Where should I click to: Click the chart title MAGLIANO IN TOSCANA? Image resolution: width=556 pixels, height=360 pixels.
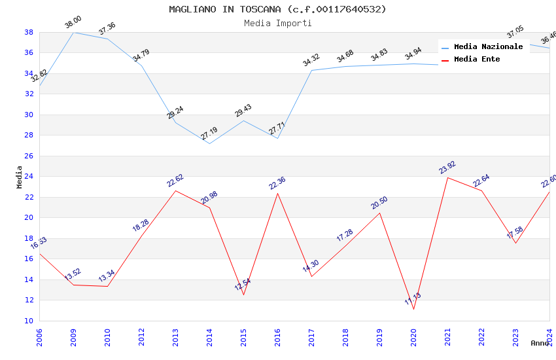point(277,9)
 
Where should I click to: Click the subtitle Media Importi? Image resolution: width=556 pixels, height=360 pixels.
point(277,23)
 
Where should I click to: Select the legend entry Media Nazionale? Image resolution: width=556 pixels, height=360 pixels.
point(488,46)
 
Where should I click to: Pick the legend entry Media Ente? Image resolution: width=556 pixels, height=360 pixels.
point(476,59)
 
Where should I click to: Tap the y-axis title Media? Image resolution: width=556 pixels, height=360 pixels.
point(20,177)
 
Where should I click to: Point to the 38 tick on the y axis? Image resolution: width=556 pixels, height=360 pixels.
point(29,32)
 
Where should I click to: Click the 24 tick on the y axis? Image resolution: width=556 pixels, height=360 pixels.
point(29,177)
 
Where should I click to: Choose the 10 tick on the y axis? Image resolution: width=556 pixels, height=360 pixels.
point(29,321)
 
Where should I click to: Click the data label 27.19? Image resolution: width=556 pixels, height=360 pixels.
point(209,134)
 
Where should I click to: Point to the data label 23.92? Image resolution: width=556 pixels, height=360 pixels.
point(447,168)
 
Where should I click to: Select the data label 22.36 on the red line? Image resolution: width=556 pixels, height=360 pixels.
point(277,183)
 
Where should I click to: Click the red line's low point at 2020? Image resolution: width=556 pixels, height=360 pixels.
point(413,309)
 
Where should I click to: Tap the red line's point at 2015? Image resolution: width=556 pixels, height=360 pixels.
point(243,295)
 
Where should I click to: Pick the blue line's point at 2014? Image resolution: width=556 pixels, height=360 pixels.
point(209,143)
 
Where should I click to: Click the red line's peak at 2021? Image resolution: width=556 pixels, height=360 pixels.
point(447,177)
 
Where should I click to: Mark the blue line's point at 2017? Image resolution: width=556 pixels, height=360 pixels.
point(311,70)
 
